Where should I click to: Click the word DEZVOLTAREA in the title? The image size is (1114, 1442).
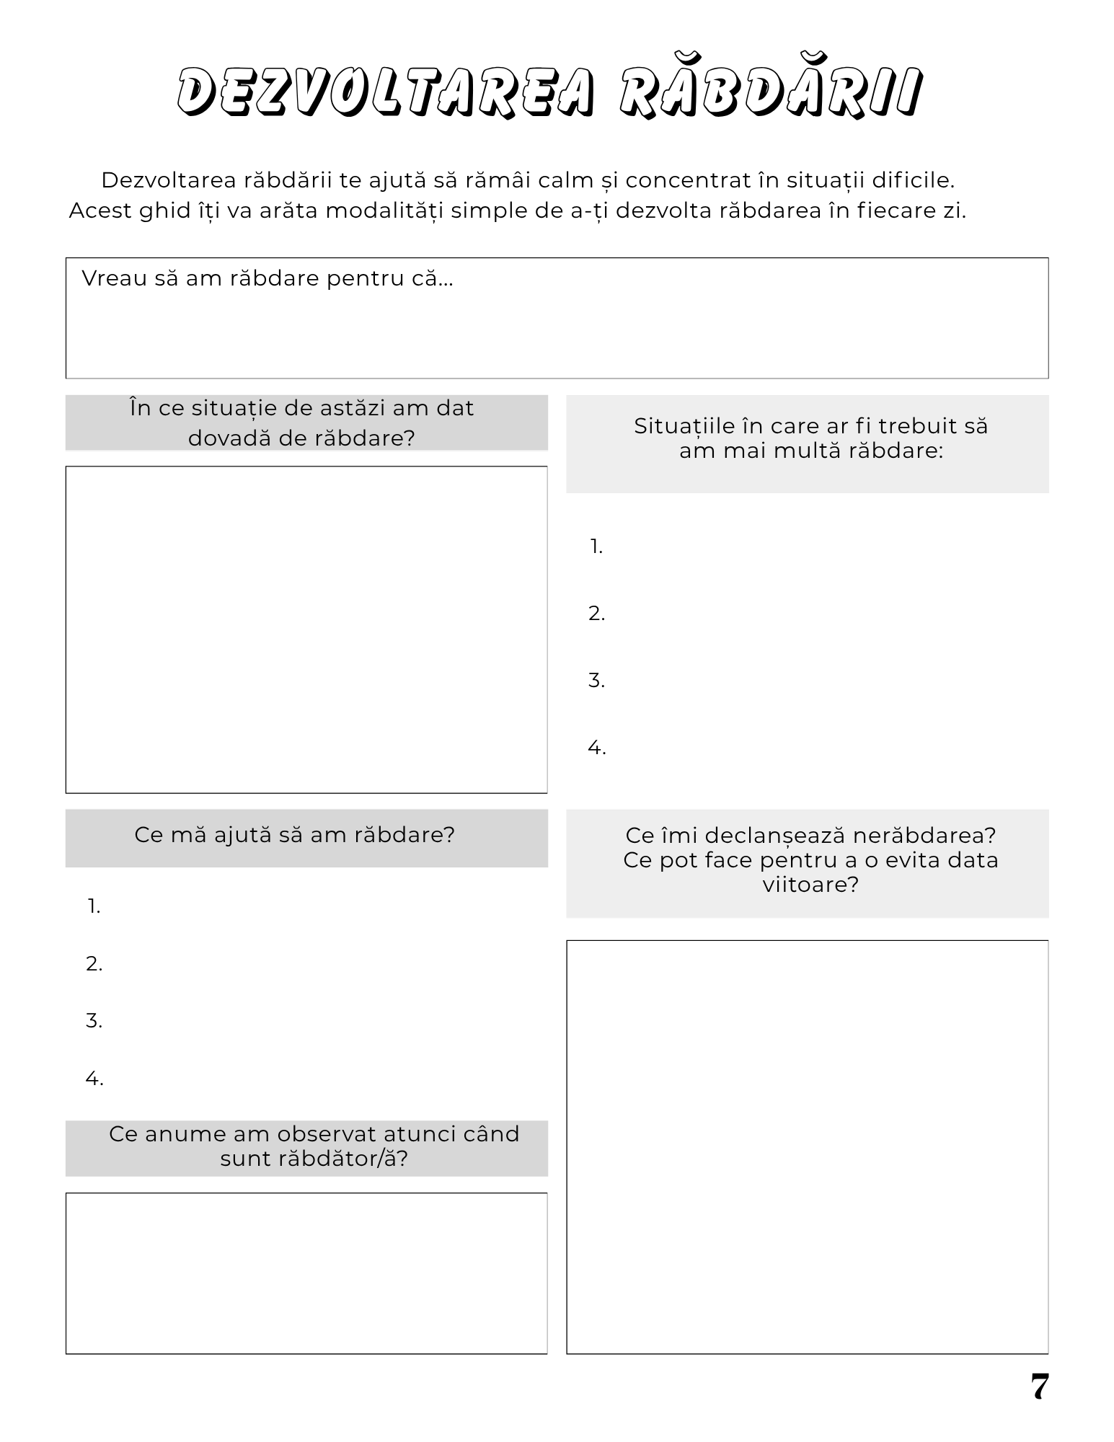387,92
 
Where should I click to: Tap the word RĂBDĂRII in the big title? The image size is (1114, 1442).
770,92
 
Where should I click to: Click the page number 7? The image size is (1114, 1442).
1039,1386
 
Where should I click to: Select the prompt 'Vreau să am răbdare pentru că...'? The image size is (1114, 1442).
267,278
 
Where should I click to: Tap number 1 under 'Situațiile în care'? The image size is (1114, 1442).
596,547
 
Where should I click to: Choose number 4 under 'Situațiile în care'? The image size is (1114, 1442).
596,748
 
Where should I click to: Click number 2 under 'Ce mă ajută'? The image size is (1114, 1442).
94,964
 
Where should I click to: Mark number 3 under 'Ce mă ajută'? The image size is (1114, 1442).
94,1021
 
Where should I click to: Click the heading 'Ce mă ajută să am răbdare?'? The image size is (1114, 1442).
294,835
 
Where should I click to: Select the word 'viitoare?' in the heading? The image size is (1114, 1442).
810,885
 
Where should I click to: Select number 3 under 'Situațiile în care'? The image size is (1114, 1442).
596,681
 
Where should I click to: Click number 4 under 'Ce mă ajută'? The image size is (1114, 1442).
94,1079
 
